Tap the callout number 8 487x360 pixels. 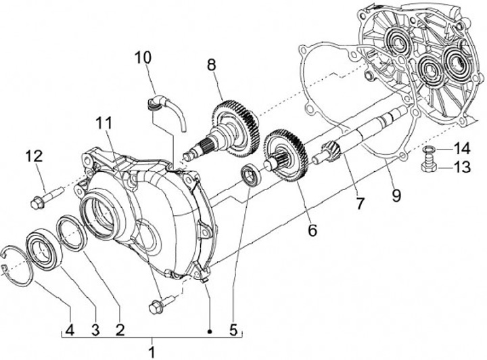pyautogui.click(x=212, y=67)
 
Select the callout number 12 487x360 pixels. pyautogui.click(x=34, y=157)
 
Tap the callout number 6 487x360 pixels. pyautogui.click(x=312, y=230)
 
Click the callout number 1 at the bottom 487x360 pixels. pyautogui.click(x=152, y=351)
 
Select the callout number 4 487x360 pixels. pyautogui.click(x=70, y=331)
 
